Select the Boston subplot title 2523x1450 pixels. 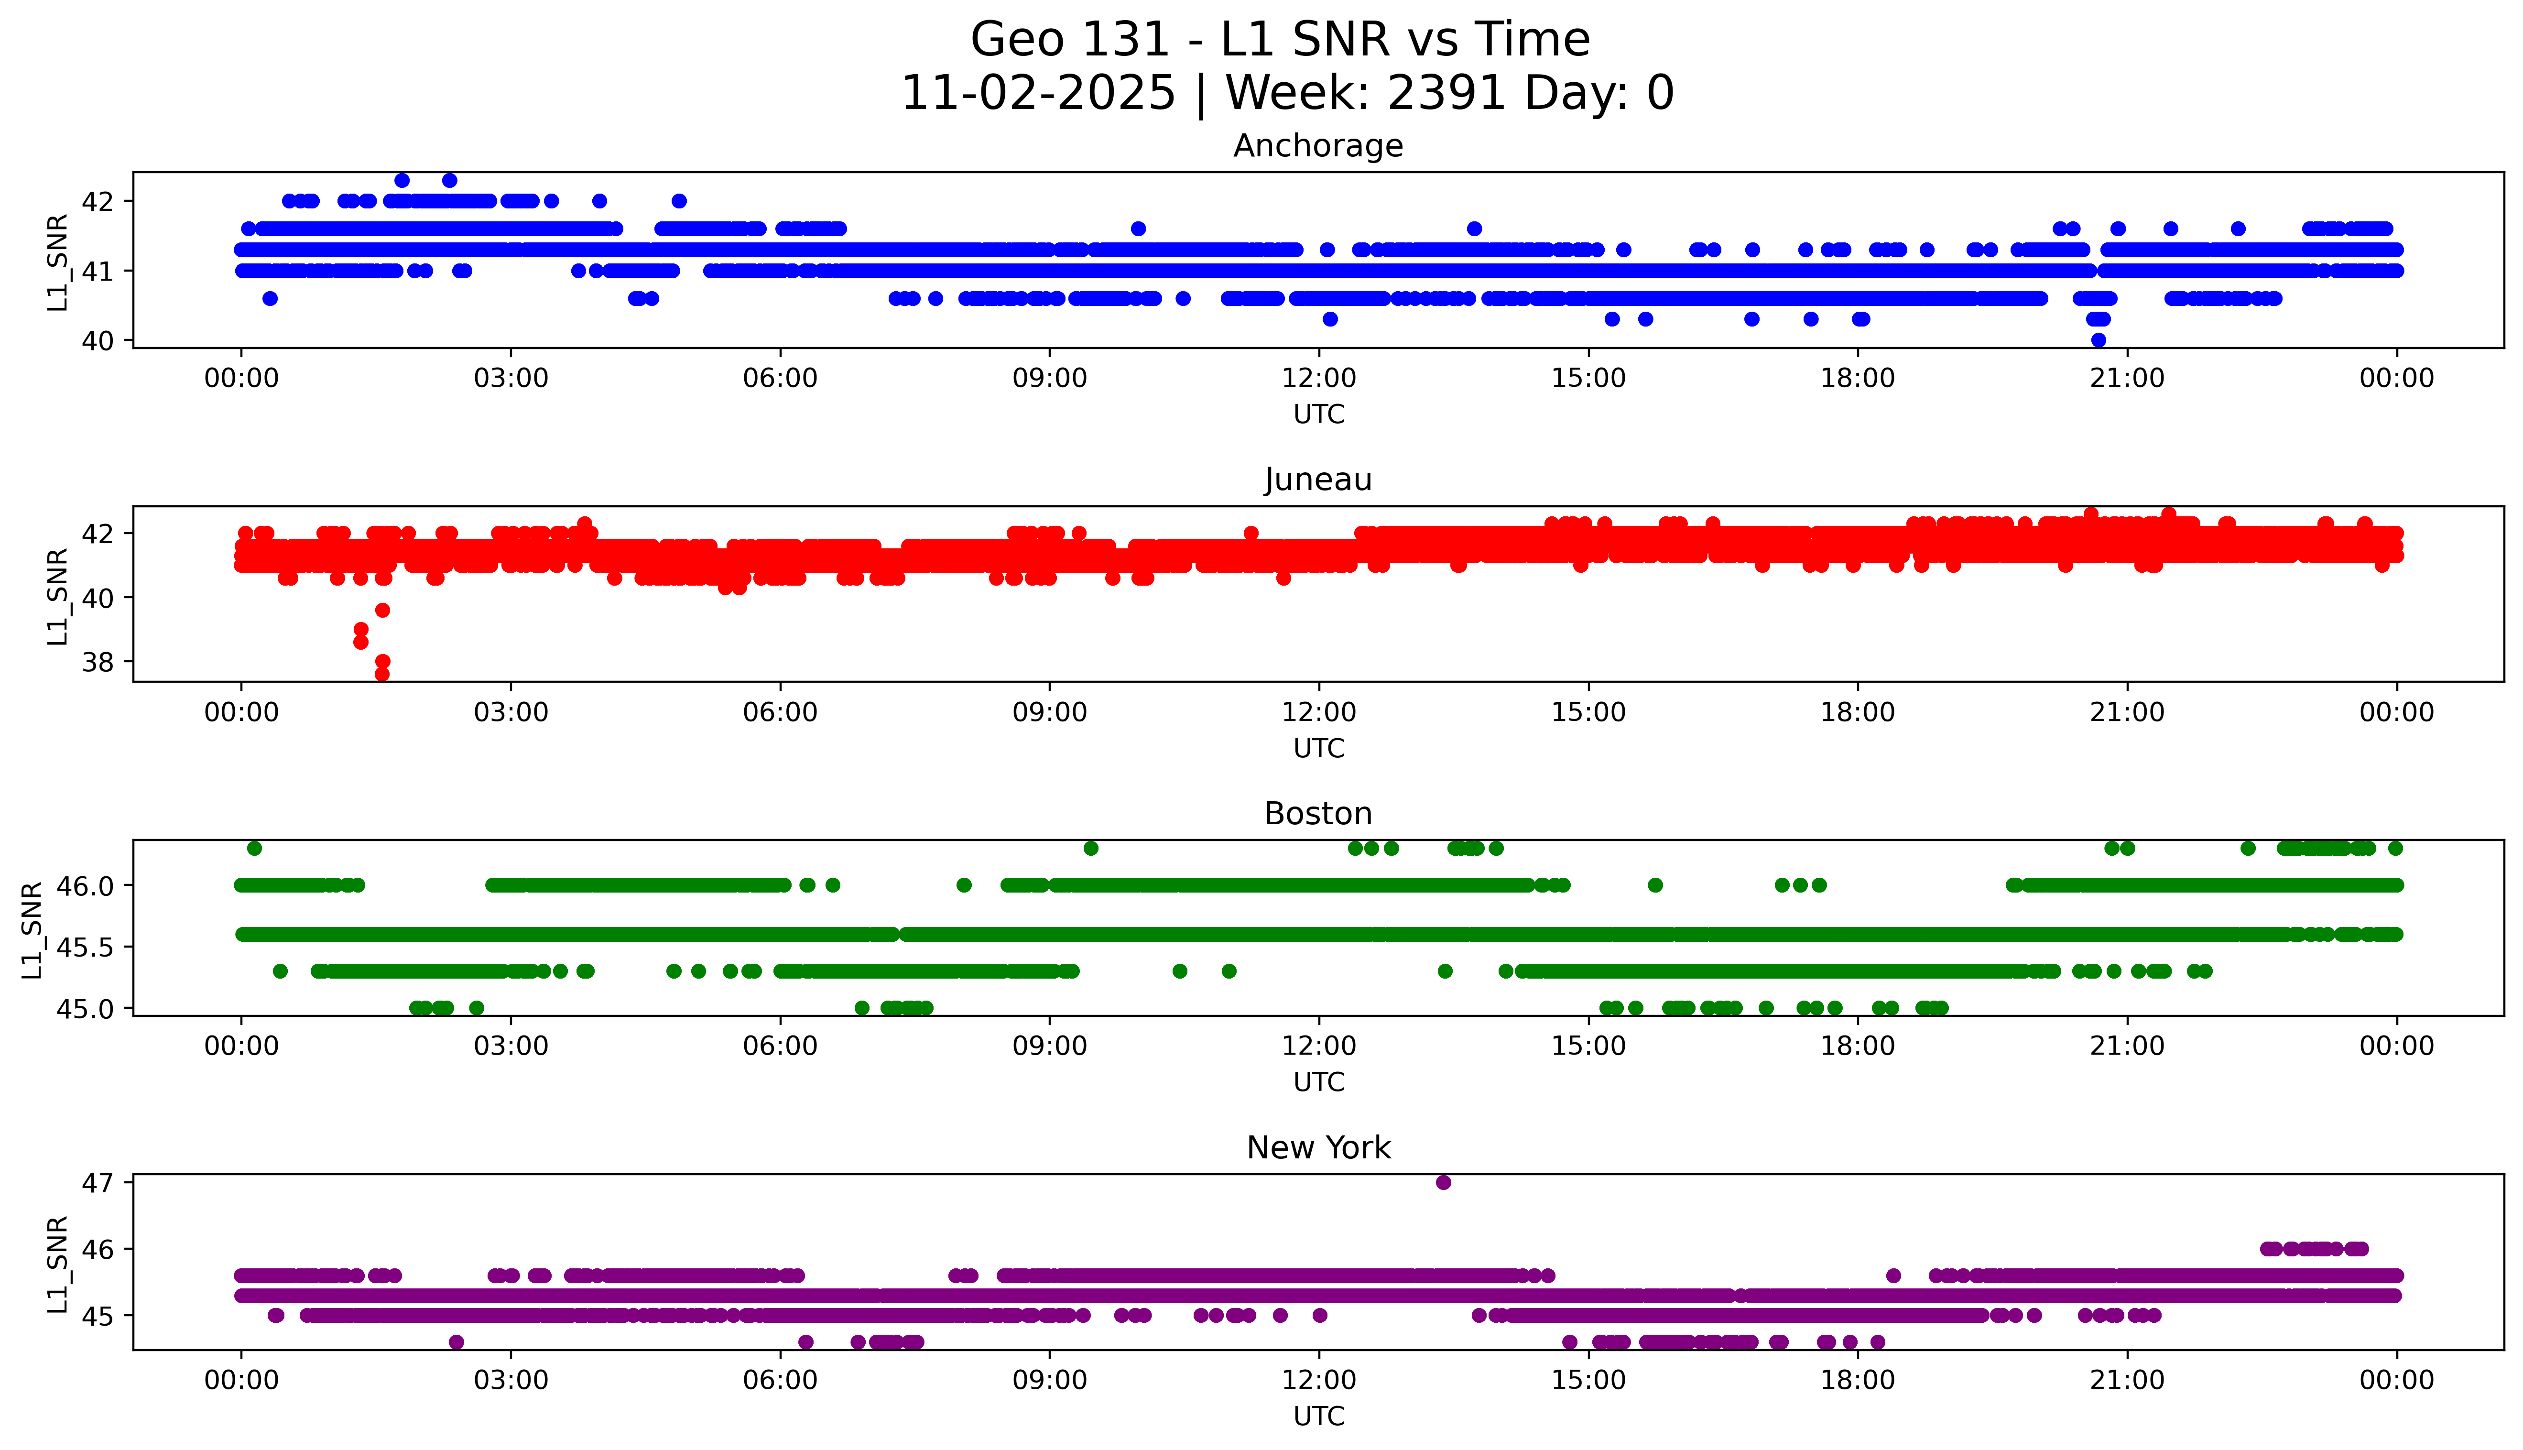[x=1317, y=814]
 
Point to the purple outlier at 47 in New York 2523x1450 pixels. [x=1443, y=1182]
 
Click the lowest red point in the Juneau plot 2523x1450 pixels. [x=381, y=674]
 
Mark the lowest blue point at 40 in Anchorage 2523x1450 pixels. [x=2098, y=339]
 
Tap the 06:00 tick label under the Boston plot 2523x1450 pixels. [x=780, y=1046]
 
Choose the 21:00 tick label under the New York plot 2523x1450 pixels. [x=2127, y=1380]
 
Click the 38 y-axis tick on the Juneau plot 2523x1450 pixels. [x=98, y=662]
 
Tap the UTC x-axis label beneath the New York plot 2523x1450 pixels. [x=1317, y=1415]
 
